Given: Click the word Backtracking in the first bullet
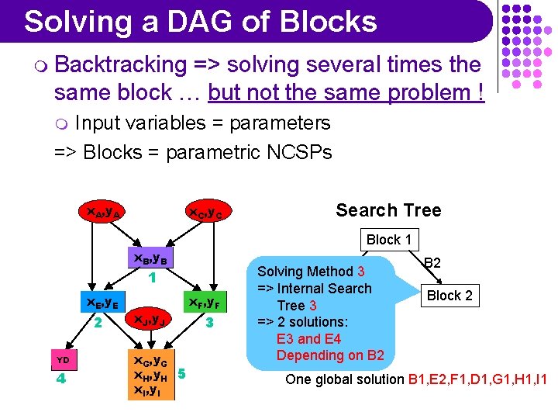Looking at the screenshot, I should click(121, 64).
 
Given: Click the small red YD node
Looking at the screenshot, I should click(64, 360).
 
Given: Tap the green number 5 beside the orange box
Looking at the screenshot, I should click(181, 374).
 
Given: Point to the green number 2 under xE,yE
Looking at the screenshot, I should click(98, 321).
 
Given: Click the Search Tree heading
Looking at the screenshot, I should click(387, 210).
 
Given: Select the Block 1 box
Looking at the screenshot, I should click(388, 240).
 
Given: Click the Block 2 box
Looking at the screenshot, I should click(449, 296).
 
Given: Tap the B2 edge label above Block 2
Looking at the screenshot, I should click(432, 264).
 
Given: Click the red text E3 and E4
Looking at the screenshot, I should click(308, 339).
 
